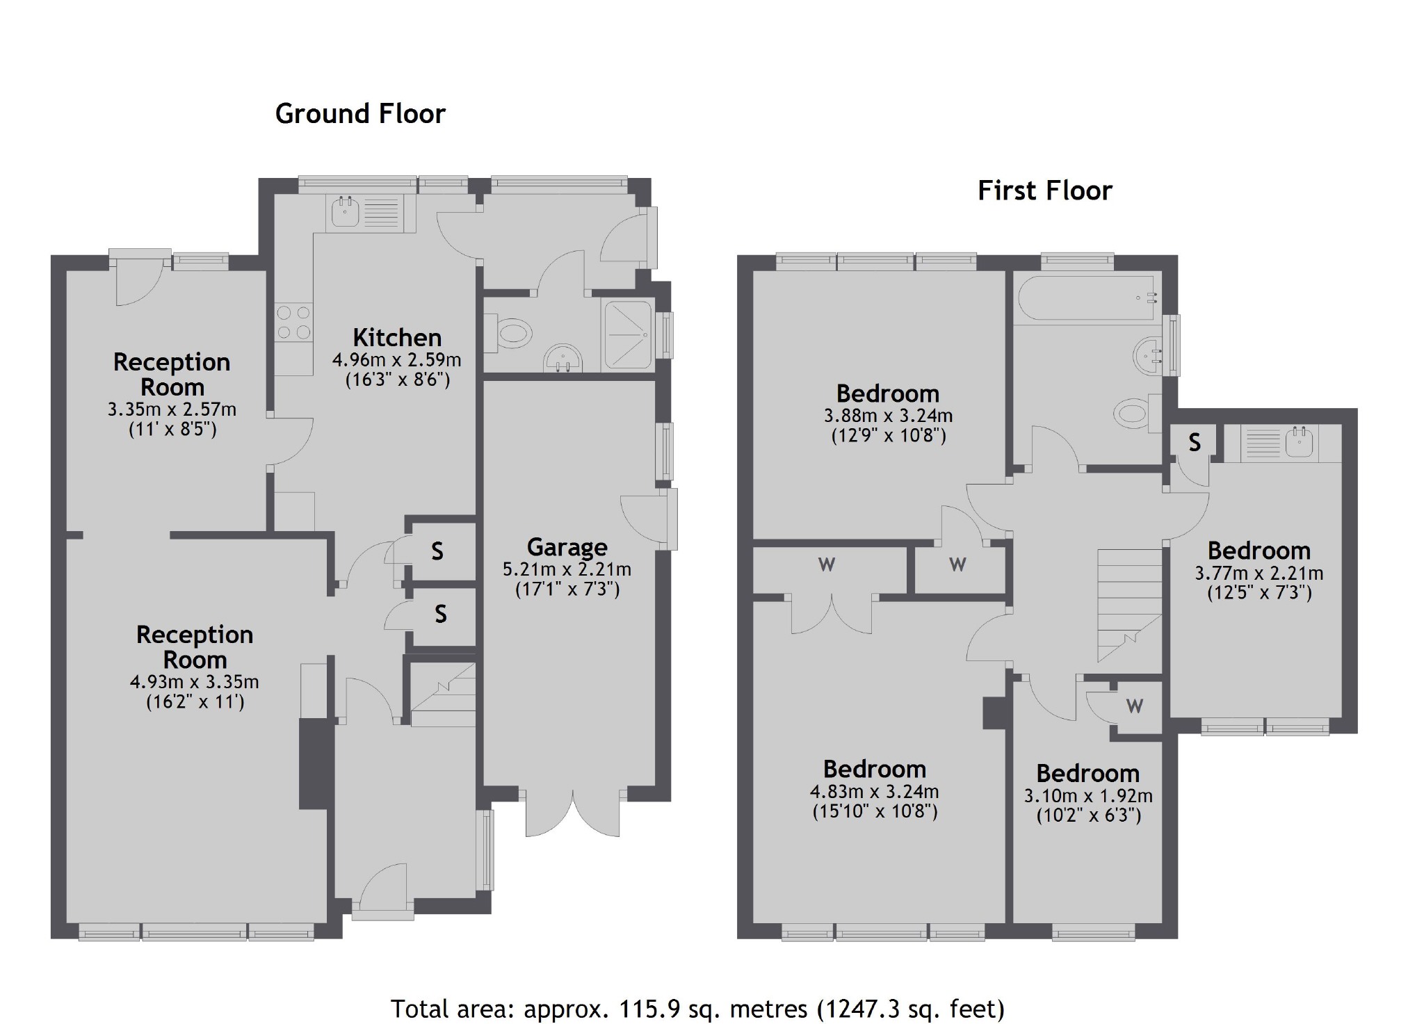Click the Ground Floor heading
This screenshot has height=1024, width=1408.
tap(360, 114)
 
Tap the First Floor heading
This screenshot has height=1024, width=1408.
tap(1044, 190)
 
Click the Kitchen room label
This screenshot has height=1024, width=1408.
tap(397, 338)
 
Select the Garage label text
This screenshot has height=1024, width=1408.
tap(567, 547)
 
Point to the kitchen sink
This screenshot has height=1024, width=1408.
tap(343, 211)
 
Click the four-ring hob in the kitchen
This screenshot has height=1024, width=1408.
tap(293, 323)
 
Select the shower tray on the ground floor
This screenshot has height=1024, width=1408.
tap(628, 334)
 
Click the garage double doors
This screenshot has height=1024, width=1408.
tap(573, 813)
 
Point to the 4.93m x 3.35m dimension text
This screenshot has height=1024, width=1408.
tap(194, 682)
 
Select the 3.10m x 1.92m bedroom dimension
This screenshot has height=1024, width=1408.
tap(1088, 796)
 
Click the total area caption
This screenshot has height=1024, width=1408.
tap(697, 1008)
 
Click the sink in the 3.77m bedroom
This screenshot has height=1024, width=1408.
tap(1298, 442)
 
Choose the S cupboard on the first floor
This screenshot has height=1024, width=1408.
tap(1194, 442)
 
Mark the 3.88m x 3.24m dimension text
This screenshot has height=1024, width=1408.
tap(888, 416)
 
